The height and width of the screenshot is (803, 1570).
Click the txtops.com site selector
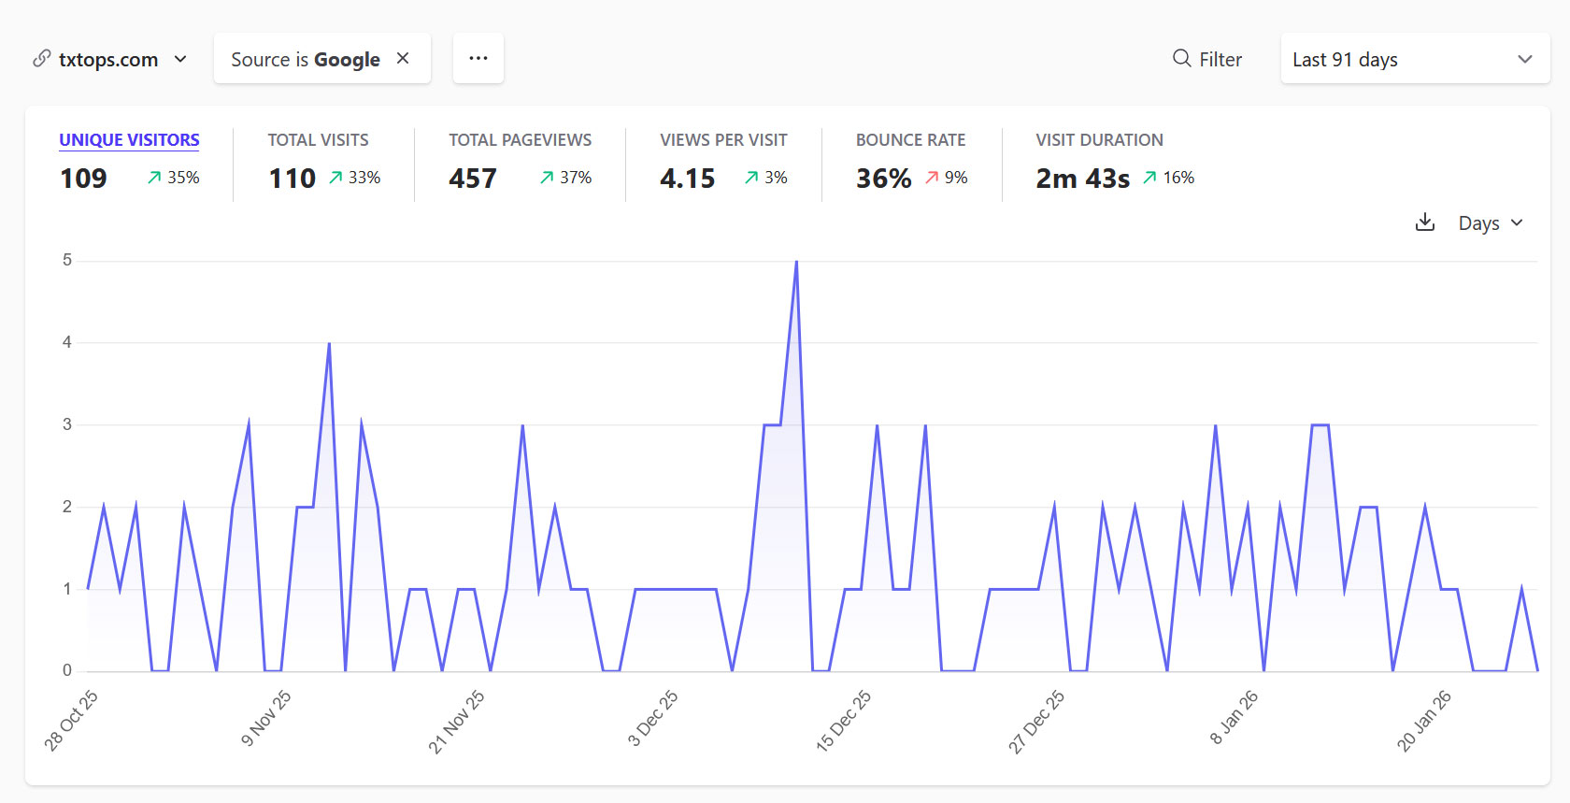pyautogui.click(x=109, y=60)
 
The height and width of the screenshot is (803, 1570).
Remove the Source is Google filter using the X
pyautogui.click(x=403, y=58)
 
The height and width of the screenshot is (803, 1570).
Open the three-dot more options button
pyautogui.click(x=478, y=58)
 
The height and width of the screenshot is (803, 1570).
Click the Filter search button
pyautogui.click(x=1207, y=59)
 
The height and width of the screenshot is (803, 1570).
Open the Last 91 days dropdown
pyautogui.click(x=1414, y=59)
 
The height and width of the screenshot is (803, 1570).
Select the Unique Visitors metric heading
pyautogui.click(x=129, y=140)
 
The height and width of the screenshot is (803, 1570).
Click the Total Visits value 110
pyautogui.click(x=292, y=179)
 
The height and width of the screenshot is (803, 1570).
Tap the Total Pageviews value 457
pyautogui.click(x=472, y=179)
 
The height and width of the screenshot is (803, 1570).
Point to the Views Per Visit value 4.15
pyautogui.click(x=687, y=179)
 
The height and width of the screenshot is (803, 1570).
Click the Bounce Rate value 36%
pyautogui.click(x=883, y=179)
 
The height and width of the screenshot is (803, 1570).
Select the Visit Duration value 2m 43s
pyautogui.click(x=1082, y=179)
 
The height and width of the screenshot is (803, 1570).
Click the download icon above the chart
pyautogui.click(x=1424, y=222)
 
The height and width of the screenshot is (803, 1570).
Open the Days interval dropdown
pyautogui.click(x=1491, y=223)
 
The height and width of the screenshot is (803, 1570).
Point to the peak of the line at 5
pyautogui.click(x=796, y=262)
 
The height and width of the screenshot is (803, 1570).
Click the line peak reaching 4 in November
pyautogui.click(x=329, y=344)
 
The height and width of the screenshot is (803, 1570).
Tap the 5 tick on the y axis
pyautogui.click(x=67, y=260)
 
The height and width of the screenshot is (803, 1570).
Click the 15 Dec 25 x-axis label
pyautogui.click(x=843, y=721)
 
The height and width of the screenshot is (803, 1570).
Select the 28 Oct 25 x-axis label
pyautogui.click(x=71, y=721)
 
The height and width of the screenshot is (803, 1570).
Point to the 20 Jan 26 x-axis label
pyautogui.click(x=1423, y=721)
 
